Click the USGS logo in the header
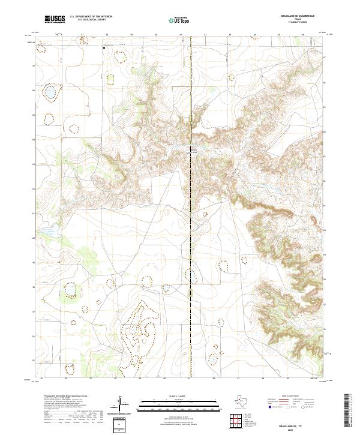pos(55,19)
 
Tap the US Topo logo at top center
pos(181,19)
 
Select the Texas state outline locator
pos(244,401)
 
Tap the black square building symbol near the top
pos(104,46)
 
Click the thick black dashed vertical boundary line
pos(190,210)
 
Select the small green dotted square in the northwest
pos(109,77)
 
